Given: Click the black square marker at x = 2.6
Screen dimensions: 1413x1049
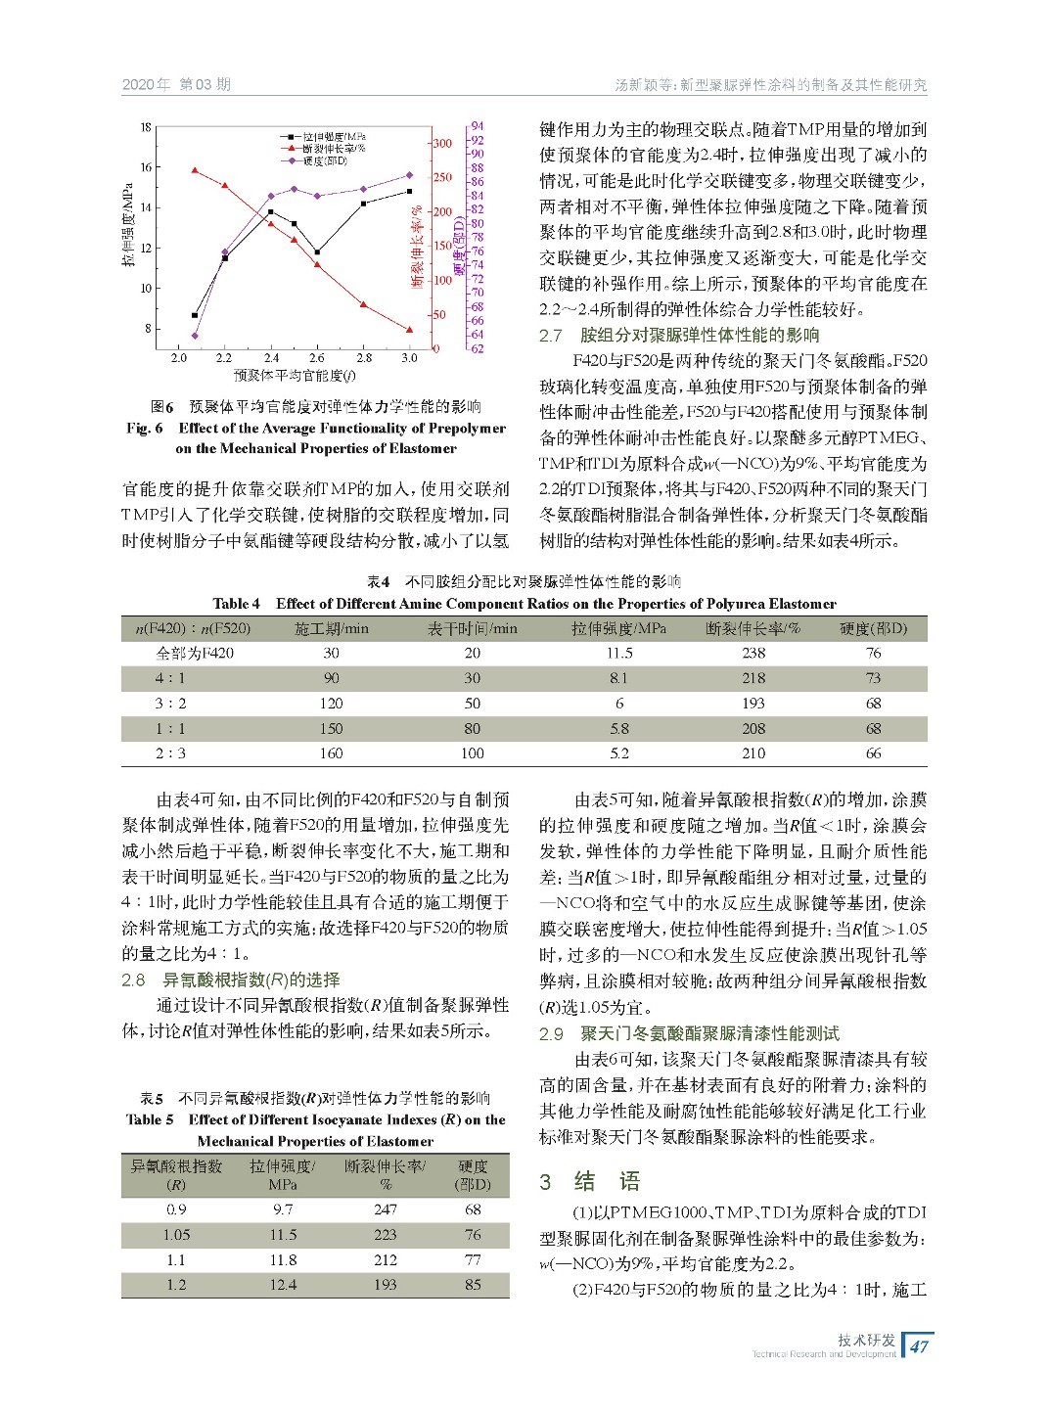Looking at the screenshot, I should point(317,252).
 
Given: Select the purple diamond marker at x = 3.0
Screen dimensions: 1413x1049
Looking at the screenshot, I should point(409,175).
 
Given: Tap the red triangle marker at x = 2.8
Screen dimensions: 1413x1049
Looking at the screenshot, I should point(363,304).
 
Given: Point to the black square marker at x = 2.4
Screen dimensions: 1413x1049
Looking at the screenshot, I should point(271,211).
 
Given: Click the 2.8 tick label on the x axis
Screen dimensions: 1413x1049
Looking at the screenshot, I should point(363,358).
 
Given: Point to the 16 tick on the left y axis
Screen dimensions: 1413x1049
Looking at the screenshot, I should point(145,167).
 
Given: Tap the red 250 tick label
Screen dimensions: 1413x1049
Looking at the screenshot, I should point(442,177).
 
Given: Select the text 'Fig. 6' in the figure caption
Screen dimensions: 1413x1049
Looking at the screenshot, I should point(144,428).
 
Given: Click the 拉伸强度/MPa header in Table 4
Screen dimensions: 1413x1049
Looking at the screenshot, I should point(618,628).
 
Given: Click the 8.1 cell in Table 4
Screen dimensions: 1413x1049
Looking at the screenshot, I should point(618,678).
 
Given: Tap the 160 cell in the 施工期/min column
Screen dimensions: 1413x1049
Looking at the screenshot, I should point(331,753).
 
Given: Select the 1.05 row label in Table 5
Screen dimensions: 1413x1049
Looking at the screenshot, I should point(176,1235).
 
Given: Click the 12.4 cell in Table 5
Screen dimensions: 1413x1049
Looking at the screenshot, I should point(283,1285).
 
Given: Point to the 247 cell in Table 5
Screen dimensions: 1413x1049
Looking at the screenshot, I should point(386,1209).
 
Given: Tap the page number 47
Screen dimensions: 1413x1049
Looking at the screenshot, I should point(919,1346).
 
